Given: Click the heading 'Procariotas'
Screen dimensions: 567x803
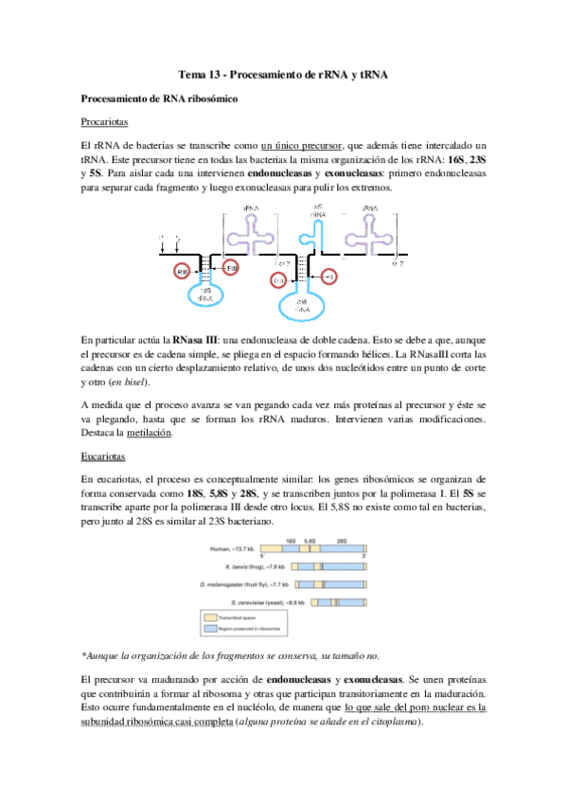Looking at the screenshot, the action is coord(105,122).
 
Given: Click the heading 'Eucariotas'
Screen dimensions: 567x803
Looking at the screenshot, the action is coord(103,455).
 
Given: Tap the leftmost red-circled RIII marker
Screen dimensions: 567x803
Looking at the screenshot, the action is coord(183,273).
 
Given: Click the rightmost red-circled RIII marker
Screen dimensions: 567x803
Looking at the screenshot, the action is coord(330,276).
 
